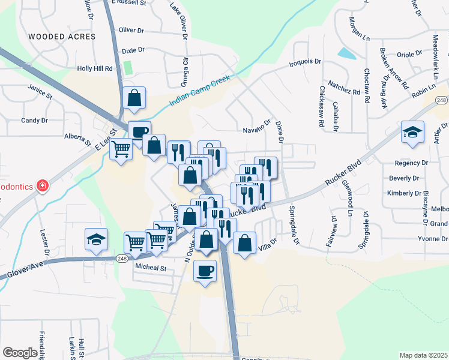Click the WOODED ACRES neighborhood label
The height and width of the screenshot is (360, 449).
(62, 37)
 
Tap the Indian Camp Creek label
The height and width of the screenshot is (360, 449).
(199, 94)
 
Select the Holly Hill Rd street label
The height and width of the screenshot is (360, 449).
(95, 68)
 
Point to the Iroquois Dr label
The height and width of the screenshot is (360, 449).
(306, 62)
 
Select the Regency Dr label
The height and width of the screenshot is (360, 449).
(411, 163)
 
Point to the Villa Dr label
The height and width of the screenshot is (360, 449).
(267, 245)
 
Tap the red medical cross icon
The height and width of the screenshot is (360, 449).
(42, 185)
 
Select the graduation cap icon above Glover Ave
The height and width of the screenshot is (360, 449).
(96, 238)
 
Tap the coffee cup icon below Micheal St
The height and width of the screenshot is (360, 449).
(205, 271)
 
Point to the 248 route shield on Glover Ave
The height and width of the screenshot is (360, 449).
(122, 257)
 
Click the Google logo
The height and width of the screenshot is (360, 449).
(20, 353)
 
